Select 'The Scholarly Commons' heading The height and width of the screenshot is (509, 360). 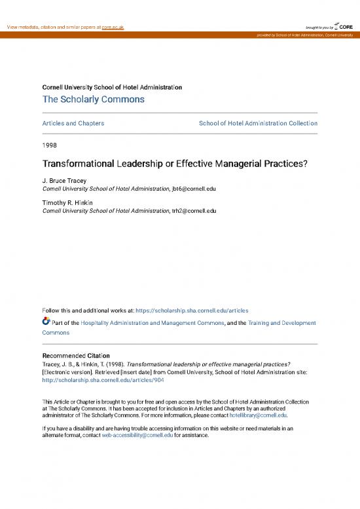tap(93, 100)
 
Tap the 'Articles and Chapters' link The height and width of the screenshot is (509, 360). tap(73, 123)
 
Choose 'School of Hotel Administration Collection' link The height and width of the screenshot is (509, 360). tap(258, 123)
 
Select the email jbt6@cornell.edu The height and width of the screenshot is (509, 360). tap(193, 189)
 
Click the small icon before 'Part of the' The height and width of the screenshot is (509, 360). tap(46, 322)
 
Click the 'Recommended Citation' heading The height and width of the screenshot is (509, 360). tap(76, 356)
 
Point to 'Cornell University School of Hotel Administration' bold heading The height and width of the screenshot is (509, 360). tap(112, 87)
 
